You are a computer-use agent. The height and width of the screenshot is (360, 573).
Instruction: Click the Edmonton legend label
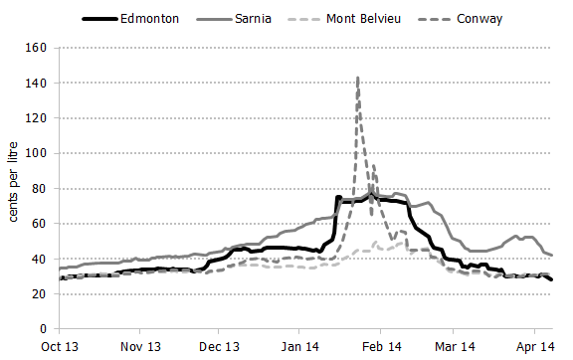tap(150, 18)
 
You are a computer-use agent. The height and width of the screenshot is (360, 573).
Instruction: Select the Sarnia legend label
tap(249, 18)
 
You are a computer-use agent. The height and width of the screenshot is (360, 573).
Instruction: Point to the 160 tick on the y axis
tap(37, 48)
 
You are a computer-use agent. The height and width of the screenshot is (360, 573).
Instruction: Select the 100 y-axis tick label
tap(37, 153)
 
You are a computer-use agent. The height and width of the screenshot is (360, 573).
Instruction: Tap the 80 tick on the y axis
tap(40, 189)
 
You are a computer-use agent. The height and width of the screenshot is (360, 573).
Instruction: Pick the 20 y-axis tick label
tap(40, 293)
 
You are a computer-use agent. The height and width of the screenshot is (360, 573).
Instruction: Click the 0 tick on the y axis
tap(44, 329)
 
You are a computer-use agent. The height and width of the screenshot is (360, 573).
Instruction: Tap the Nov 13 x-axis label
tap(140, 347)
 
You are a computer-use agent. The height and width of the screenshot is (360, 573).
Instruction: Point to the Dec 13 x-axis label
tap(219, 347)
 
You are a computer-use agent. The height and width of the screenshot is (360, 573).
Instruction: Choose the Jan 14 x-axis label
tap(298, 347)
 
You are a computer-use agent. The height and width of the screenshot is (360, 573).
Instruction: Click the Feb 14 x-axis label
tap(380, 347)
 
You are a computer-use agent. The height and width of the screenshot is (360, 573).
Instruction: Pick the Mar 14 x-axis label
tap(455, 347)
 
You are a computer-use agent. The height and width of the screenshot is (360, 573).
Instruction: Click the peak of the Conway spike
tap(357, 78)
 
